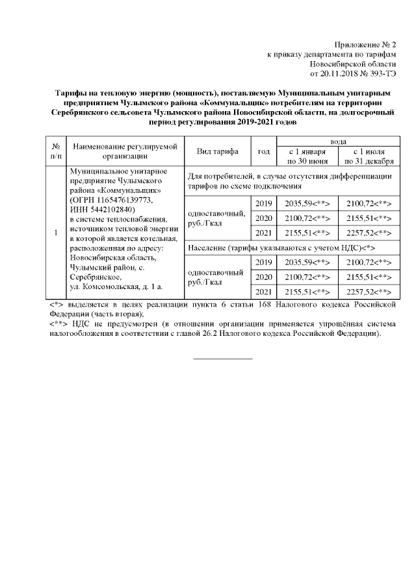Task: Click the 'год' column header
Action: tap(264, 151)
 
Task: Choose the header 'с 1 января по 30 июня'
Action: tap(307, 156)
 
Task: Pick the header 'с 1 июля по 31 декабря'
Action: tap(368, 156)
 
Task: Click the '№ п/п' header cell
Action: tap(56, 151)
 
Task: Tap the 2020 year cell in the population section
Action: tap(264, 277)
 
